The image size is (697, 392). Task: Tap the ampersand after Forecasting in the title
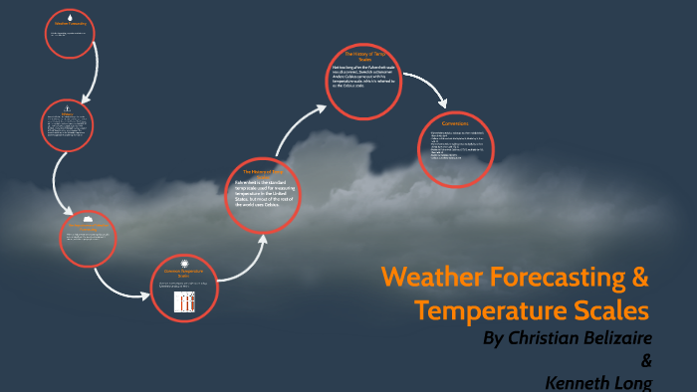(x=638, y=275)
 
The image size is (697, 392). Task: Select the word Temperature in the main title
(x=485, y=308)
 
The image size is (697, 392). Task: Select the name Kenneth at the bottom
(x=582, y=381)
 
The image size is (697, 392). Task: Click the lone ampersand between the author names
(x=646, y=360)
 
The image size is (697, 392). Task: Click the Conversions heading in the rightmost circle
(x=455, y=122)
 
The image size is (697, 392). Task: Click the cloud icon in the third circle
(x=88, y=218)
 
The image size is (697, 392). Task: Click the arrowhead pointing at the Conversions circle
(x=445, y=102)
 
